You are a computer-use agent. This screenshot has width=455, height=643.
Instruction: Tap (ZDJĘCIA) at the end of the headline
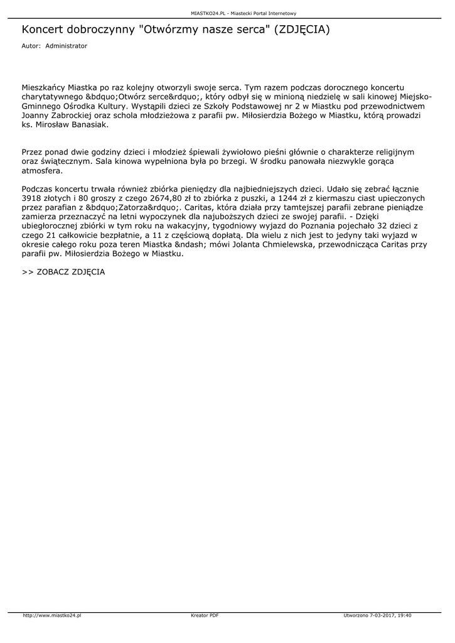pos(299,30)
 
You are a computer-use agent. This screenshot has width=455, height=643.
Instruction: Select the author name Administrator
pos(67,46)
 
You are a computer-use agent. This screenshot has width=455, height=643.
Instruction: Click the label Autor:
pos(31,46)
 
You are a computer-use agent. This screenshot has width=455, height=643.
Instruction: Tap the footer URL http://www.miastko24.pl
pos(52,615)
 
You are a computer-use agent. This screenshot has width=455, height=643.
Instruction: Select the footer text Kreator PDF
pos(205,615)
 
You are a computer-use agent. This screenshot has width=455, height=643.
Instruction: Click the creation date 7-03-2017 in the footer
pos(385,615)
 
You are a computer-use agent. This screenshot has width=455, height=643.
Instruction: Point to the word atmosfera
pos(42,170)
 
